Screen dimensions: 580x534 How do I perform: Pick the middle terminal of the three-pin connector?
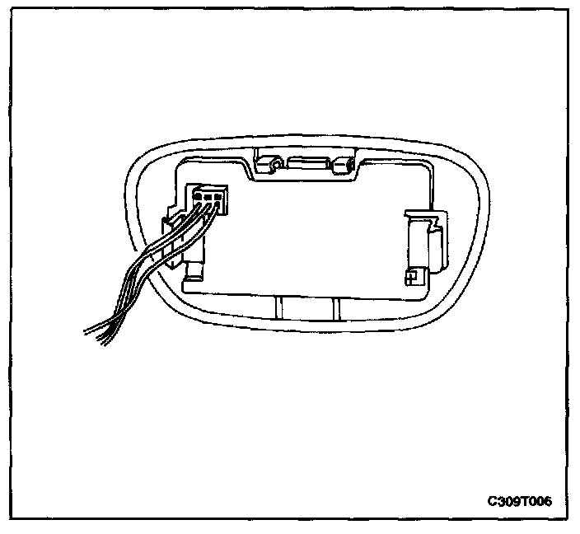coord(208,198)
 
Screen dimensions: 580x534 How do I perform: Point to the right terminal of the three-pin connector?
coord(219,198)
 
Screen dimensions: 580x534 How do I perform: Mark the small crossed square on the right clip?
coord(410,278)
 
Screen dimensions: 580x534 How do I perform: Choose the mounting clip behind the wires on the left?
coord(175,239)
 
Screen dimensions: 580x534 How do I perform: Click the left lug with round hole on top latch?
coord(269,165)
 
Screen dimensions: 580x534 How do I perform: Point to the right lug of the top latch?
coord(338,166)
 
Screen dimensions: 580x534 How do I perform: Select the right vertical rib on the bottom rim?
coord(336,309)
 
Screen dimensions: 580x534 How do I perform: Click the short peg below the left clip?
coord(195,271)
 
